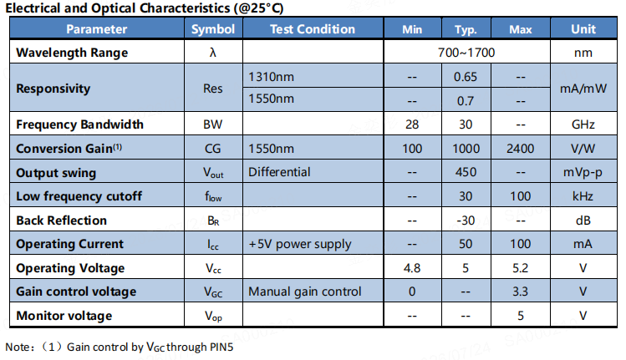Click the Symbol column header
213,29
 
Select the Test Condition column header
313,29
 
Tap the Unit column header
583,29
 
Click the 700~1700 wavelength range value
466,53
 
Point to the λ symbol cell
213,53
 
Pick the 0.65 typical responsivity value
465,77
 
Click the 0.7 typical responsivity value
465,100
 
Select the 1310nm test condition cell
271,77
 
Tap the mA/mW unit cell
583,89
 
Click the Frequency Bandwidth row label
79,124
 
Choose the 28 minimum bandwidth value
412,124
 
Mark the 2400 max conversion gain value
520,149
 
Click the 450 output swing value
466,172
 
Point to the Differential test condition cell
279,172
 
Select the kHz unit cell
583,196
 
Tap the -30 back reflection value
466,221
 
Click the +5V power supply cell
300,244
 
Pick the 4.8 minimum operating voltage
412,268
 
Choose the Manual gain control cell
304,292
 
